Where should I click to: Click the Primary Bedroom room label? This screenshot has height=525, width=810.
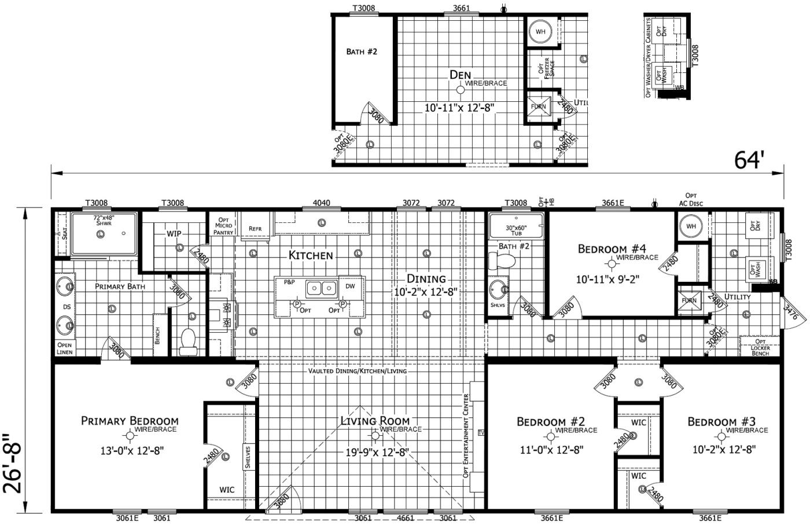(130, 421)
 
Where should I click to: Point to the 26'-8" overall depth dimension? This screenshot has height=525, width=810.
(13, 463)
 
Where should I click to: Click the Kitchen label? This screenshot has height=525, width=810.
(311, 255)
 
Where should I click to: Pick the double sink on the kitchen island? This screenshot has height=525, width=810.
(322, 287)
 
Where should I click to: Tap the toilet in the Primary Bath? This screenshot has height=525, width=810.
(188, 342)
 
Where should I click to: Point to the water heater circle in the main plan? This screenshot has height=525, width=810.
(691, 226)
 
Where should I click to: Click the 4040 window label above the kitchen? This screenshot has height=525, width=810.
(321, 203)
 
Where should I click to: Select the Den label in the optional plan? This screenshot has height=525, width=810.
(460, 75)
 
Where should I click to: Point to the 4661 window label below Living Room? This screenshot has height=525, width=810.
(406, 517)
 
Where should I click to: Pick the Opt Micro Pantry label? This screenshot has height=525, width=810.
(223, 226)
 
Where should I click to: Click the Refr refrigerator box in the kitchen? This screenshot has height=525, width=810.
(255, 228)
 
